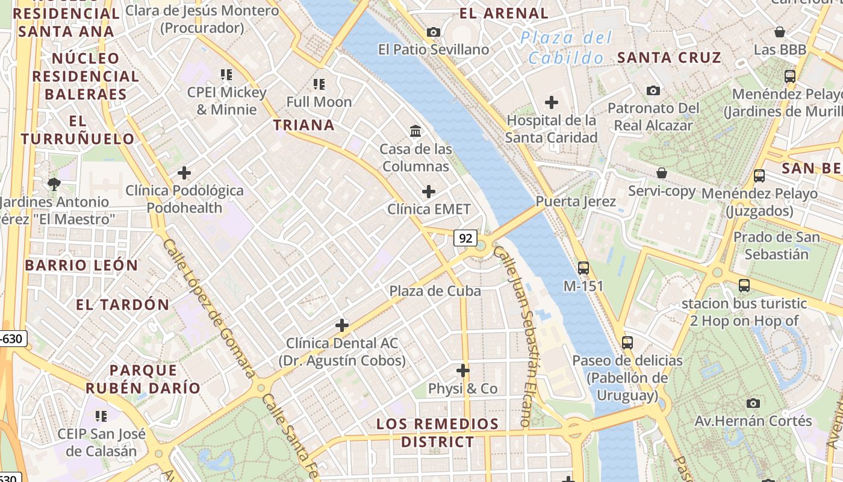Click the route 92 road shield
[465, 238]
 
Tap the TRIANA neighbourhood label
[304, 125]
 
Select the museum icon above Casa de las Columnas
[415, 131]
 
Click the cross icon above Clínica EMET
[429, 192]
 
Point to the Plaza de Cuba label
[435, 291]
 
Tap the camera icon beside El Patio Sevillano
[433, 32]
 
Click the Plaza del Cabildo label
[566, 48]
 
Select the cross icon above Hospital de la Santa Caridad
[551, 102]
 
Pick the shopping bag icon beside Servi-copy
[662, 173]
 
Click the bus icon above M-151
[583, 268]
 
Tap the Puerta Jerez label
[576, 201]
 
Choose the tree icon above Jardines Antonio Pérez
[54, 184]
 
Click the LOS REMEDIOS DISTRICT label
[438, 433]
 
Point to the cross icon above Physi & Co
[463, 370]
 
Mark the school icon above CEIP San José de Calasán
[101, 416]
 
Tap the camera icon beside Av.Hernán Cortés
[753, 402]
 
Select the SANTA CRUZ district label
[669, 58]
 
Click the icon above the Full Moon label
[319, 84]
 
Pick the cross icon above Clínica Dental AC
[342, 325]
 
